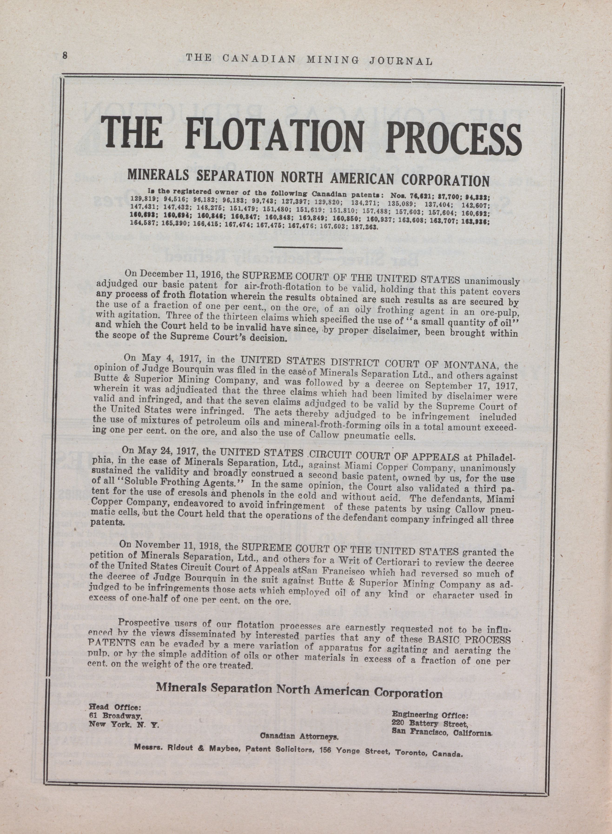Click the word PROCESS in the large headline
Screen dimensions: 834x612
tap(453, 138)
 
